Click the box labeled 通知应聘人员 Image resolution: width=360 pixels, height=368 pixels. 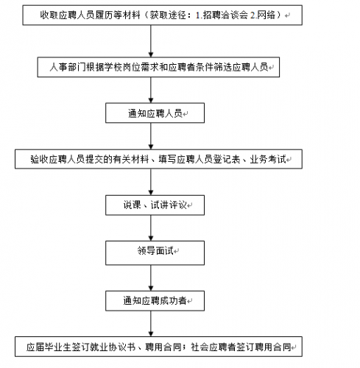click(x=155, y=113)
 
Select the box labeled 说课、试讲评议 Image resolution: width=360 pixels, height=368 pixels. click(x=155, y=205)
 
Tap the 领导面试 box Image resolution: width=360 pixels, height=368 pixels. click(x=155, y=252)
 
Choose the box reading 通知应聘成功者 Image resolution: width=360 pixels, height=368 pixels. click(x=155, y=301)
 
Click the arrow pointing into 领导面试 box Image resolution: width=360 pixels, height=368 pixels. click(x=151, y=228)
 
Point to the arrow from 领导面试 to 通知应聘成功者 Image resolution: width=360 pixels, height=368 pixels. click(x=151, y=278)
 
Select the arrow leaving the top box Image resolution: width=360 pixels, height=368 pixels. click(x=151, y=41)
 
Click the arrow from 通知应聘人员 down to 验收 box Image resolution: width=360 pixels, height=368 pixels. click(x=151, y=136)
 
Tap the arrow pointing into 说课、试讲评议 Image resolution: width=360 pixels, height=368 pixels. click(x=151, y=182)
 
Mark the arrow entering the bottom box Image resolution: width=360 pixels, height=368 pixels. click(x=151, y=324)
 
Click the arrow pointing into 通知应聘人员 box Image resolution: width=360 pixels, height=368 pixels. click(x=151, y=90)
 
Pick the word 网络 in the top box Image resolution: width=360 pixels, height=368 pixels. click(x=266, y=15)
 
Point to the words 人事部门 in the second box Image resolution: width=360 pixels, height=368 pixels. click(x=68, y=67)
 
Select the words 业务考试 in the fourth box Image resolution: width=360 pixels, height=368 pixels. click(x=268, y=159)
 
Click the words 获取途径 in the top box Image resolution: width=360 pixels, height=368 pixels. click(x=168, y=15)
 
